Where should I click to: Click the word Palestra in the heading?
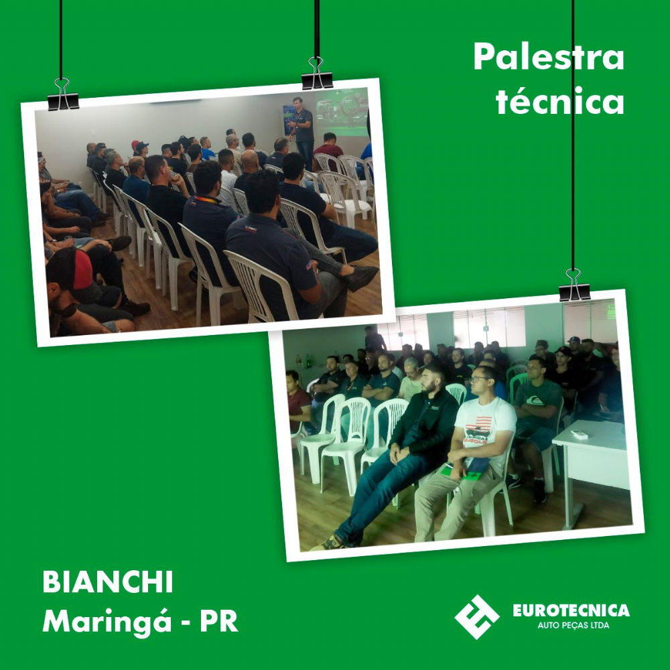(549, 57)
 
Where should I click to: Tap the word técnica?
(559, 101)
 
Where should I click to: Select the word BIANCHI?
(108, 582)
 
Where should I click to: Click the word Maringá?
(107, 622)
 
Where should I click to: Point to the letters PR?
(219, 621)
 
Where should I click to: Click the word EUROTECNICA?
(572, 610)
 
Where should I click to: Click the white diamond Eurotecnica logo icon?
(477, 616)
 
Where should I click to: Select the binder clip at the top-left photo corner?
(62, 94)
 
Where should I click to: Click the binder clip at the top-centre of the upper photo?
(317, 74)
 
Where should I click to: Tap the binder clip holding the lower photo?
(574, 285)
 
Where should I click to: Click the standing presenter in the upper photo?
(303, 131)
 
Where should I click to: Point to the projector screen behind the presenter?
(342, 112)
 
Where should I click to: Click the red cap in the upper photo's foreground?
(82, 270)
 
